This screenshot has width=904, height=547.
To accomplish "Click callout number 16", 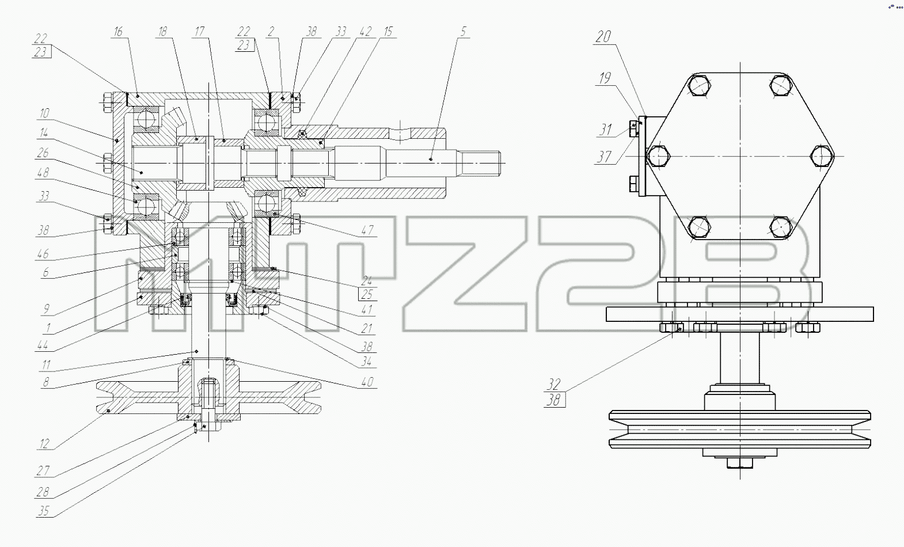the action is pyautogui.click(x=118, y=32).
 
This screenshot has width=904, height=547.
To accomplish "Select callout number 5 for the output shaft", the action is pyautogui.click(x=464, y=32).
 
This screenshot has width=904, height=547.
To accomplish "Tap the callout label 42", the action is pyautogui.click(x=365, y=32).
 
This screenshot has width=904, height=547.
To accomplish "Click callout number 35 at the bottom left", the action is pyautogui.click(x=43, y=511).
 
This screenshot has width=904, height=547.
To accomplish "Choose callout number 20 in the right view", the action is pyautogui.click(x=603, y=37).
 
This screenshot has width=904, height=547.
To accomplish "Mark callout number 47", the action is pyautogui.click(x=367, y=230).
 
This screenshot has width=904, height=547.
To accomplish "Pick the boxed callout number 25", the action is pyautogui.click(x=367, y=294).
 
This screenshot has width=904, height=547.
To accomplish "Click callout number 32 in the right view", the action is pyautogui.click(x=554, y=384).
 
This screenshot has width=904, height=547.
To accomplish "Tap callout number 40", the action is pyautogui.click(x=367, y=382).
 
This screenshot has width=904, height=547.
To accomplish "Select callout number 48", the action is pyautogui.click(x=43, y=173).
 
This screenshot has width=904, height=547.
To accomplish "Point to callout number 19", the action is pyautogui.click(x=605, y=78).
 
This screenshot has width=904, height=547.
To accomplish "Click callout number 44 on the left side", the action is pyautogui.click(x=43, y=345).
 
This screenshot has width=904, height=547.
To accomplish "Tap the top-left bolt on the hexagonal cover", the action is pyautogui.click(x=700, y=86).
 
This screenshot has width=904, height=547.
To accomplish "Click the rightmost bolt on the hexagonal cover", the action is pyautogui.click(x=822, y=156).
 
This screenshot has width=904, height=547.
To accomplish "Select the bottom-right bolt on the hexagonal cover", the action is pyautogui.click(x=781, y=227).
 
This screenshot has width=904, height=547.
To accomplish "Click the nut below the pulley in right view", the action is pyautogui.click(x=740, y=462).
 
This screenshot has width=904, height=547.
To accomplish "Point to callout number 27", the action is pyautogui.click(x=43, y=470).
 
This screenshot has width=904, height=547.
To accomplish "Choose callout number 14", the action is pyautogui.click(x=44, y=133).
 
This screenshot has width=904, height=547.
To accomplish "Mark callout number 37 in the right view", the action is pyautogui.click(x=604, y=157).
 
